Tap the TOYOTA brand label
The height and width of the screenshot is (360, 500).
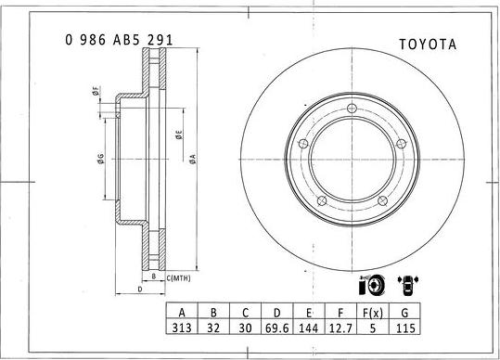click(x=429, y=44)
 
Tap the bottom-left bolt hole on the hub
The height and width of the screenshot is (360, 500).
click(x=321, y=201)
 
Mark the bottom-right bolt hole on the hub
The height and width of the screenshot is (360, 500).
click(x=382, y=201)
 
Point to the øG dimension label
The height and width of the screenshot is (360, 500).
click(x=100, y=158)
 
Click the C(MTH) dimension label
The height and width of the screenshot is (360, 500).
click(x=178, y=277)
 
